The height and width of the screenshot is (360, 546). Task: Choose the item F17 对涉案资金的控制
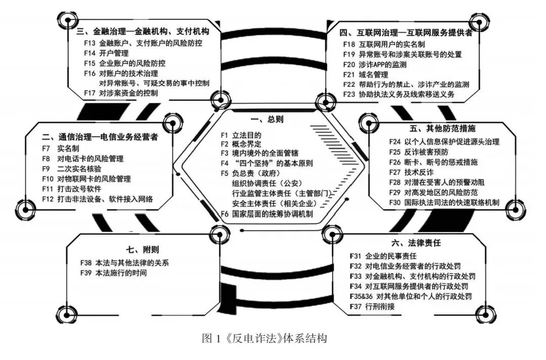[121, 93]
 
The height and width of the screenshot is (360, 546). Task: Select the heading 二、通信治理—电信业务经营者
[100, 137]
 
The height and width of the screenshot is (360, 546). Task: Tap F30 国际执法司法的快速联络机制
[444, 202]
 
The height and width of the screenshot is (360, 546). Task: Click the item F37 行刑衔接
[372, 306]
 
